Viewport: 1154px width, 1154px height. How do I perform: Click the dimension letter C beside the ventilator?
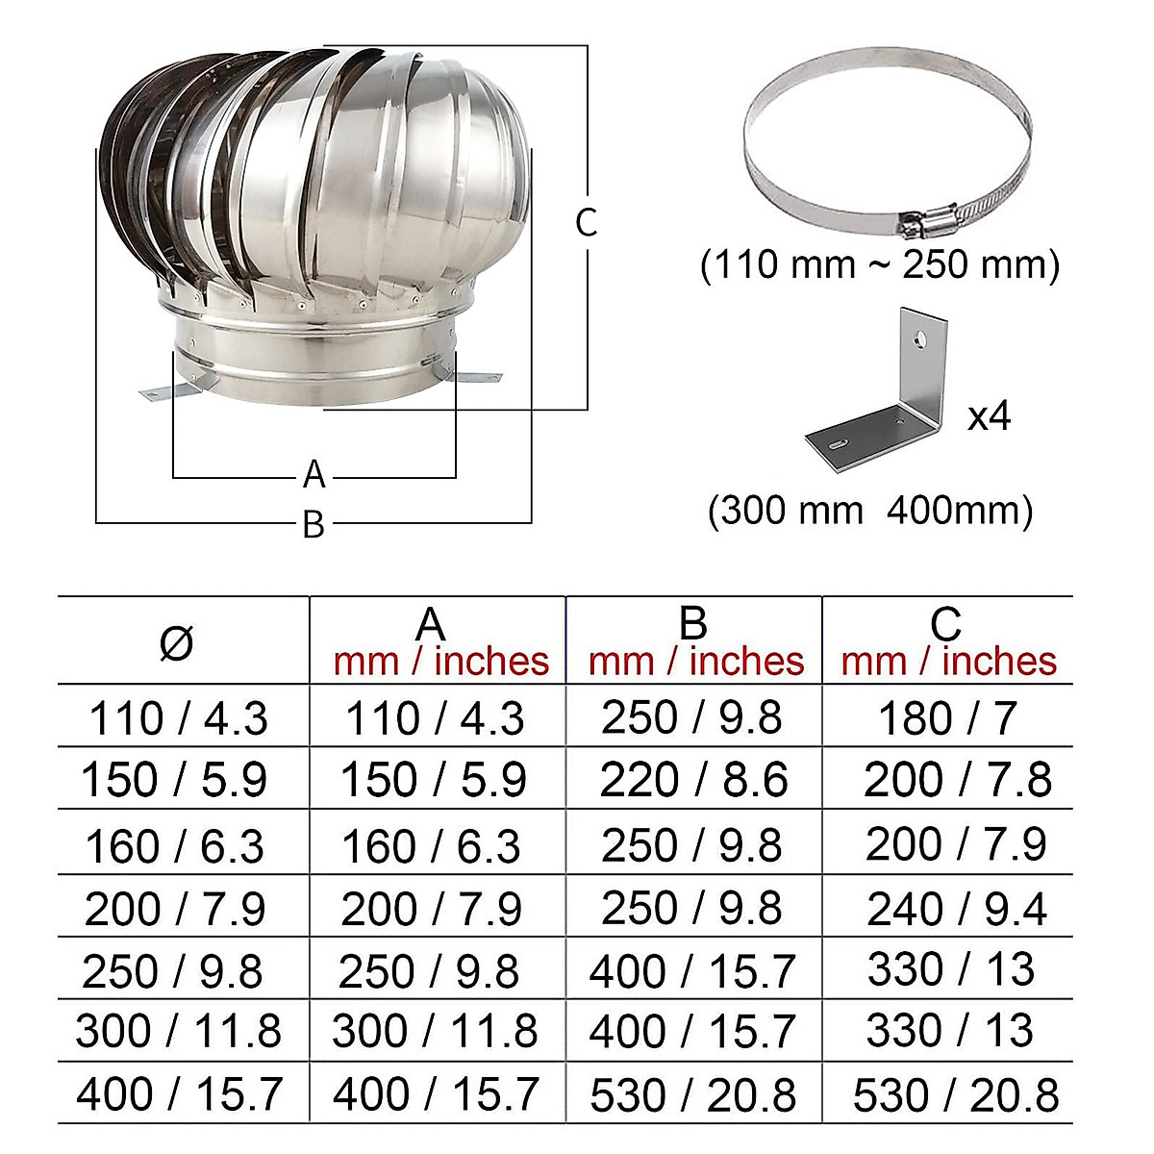click(x=587, y=222)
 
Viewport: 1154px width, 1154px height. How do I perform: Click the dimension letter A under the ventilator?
click(x=314, y=475)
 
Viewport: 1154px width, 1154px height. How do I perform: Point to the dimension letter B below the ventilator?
click(x=314, y=525)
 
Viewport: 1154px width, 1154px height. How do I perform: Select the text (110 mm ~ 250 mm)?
click(x=880, y=264)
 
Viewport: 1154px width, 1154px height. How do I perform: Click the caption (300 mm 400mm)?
click(x=870, y=511)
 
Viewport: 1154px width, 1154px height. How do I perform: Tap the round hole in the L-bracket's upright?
click(x=921, y=339)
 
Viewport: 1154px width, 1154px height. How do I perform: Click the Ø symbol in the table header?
click(x=177, y=642)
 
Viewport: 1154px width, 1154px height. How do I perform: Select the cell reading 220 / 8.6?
click(x=693, y=780)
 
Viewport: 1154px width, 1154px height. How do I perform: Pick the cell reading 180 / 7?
click(x=947, y=718)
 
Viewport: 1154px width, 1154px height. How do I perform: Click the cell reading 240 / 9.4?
click(x=956, y=909)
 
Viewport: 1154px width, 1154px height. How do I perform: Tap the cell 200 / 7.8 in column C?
click(x=957, y=780)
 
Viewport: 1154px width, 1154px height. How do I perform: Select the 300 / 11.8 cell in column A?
click(x=435, y=1032)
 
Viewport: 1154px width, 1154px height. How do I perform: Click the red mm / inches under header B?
click(x=695, y=662)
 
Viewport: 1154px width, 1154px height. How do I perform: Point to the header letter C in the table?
click(x=946, y=624)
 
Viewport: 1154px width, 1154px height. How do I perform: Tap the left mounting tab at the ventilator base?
click(x=162, y=392)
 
